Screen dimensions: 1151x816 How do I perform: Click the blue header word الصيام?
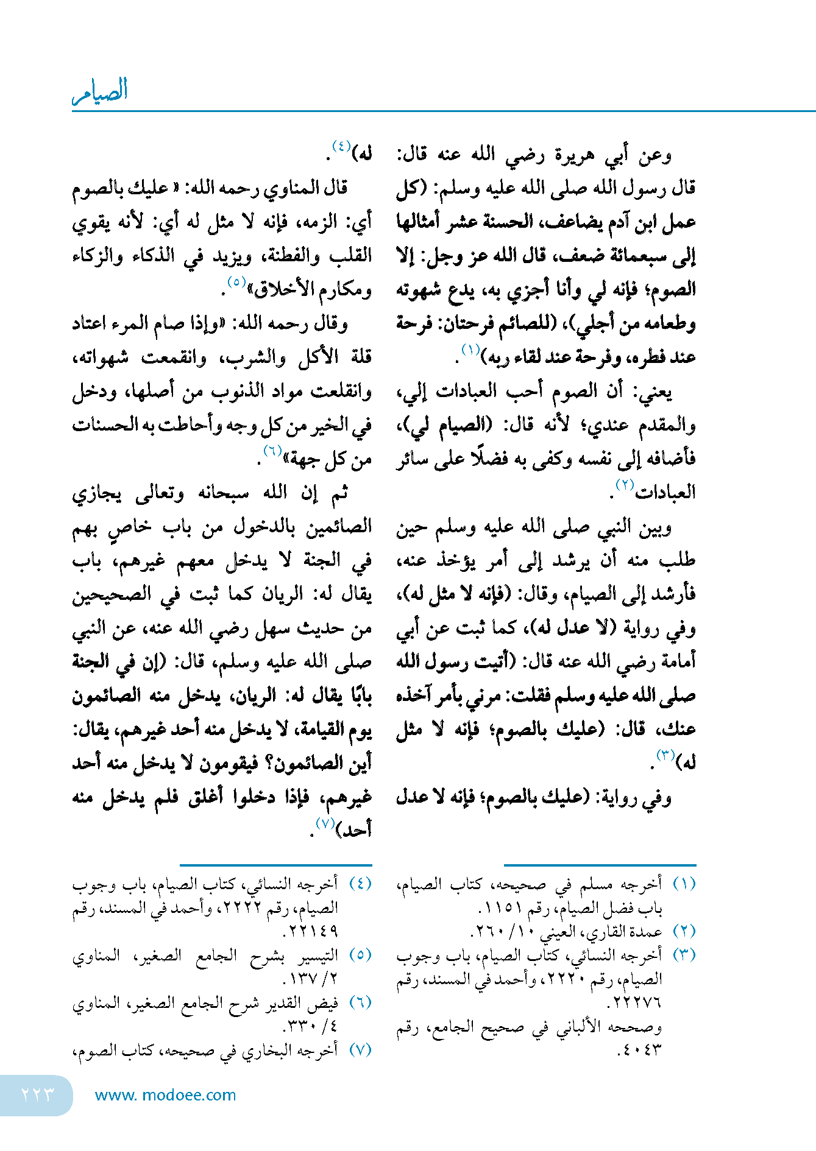[x=100, y=91]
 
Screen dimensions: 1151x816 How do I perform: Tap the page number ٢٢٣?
[x=38, y=1094]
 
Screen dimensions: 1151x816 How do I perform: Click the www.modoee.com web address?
[x=165, y=1095]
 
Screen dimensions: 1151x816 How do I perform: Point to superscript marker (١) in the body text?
[x=471, y=350]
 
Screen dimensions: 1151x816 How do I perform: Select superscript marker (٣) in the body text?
[x=665, y=756]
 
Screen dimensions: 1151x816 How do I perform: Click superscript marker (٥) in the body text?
[x=236, y=282]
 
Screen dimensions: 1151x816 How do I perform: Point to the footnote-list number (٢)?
[x=684, y=931]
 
